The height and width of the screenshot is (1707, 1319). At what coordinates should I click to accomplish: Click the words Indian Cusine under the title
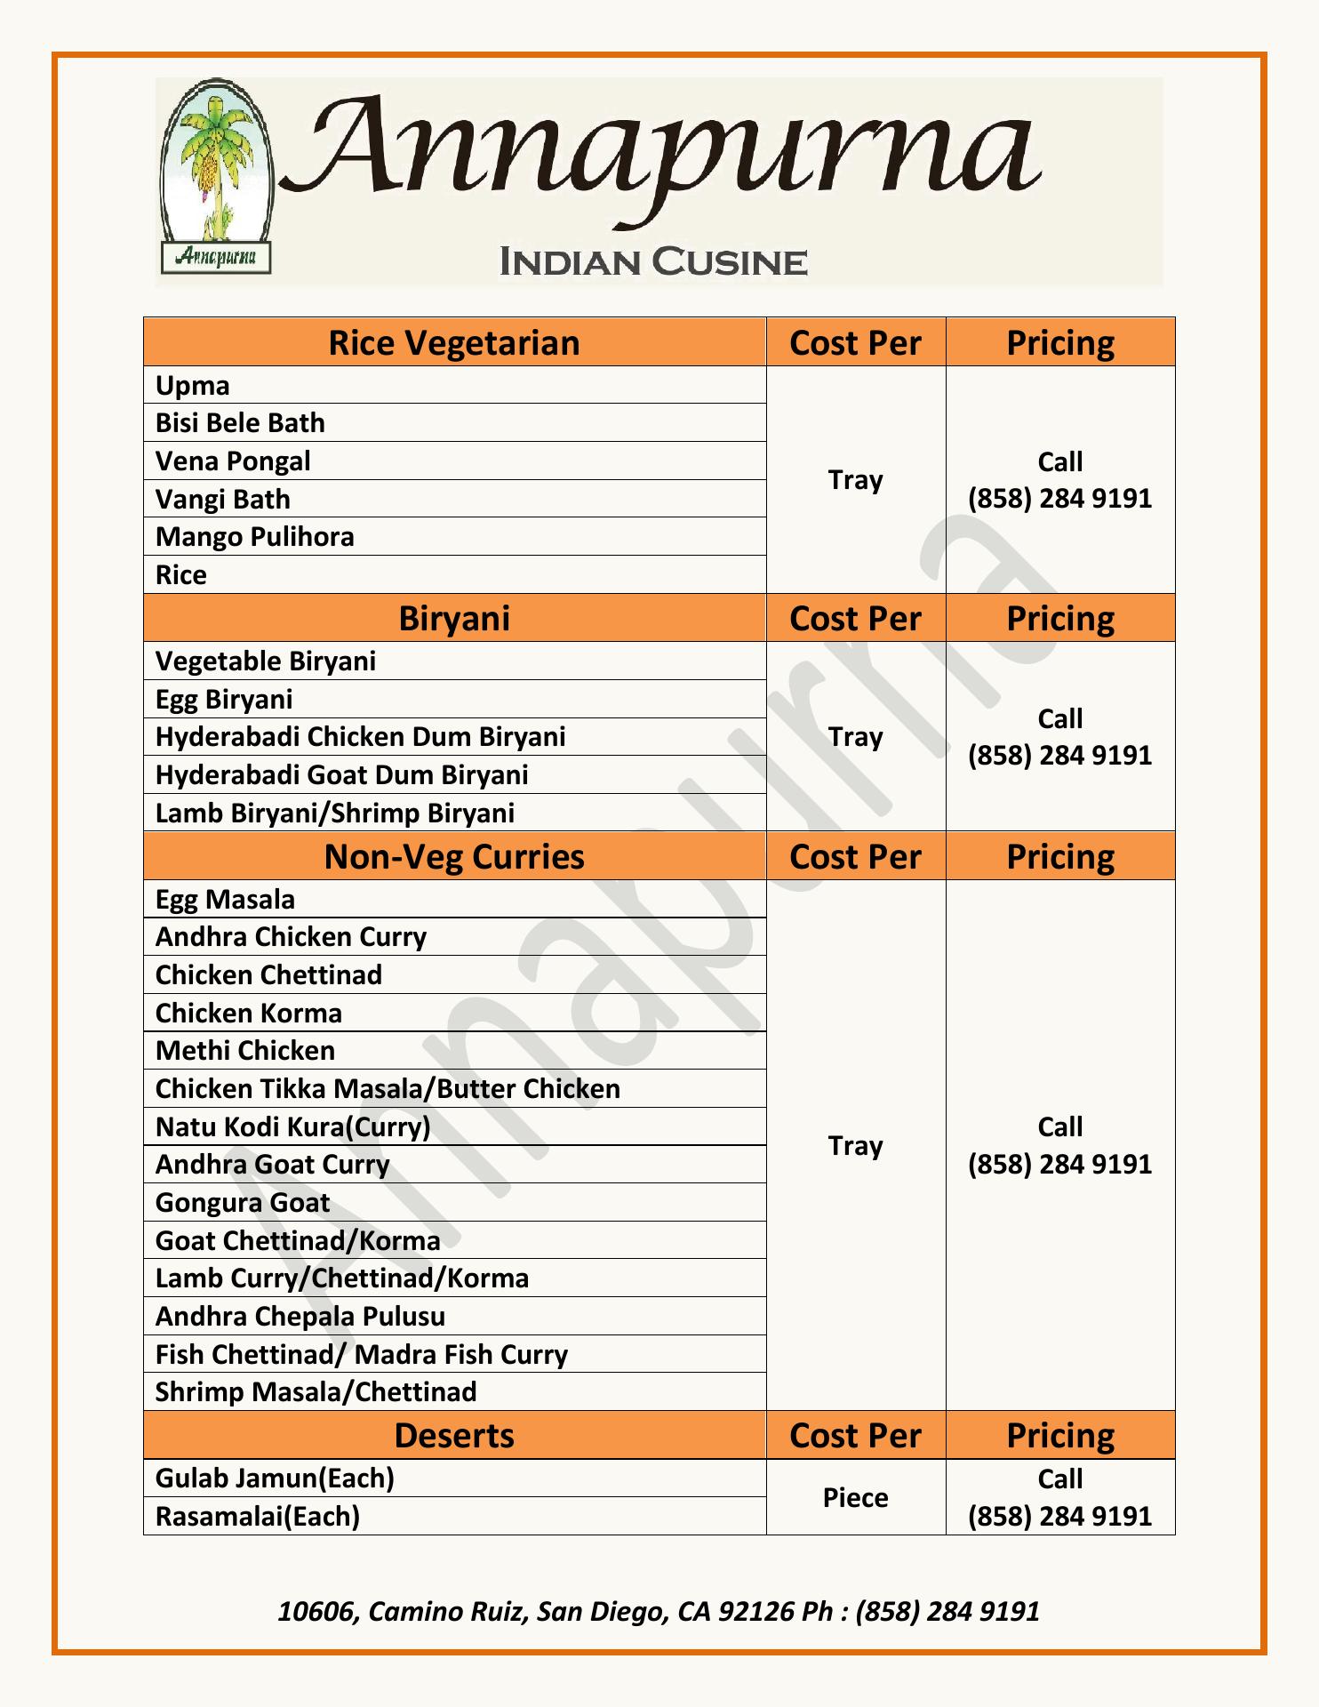click(653, 262)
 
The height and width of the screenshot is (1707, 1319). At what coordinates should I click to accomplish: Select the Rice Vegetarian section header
click(453, 342)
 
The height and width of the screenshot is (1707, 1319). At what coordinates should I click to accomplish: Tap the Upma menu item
click(193, 385)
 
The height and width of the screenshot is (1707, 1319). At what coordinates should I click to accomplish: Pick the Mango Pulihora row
click(254, 537)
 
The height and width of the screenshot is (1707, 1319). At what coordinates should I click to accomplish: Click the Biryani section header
click(453, 618)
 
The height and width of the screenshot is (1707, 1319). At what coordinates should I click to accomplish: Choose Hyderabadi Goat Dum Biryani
click(341, 775)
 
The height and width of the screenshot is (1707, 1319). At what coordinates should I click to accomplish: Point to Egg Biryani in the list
click(224, 700)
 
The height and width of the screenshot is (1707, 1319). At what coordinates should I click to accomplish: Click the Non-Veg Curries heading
click(453, 856)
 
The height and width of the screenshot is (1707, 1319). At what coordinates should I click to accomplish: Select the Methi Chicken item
click(245, 1051)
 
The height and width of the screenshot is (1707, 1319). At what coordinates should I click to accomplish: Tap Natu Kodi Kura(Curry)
click(292, 1127)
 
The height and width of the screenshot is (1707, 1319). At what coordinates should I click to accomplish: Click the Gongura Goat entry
click(243, 1203)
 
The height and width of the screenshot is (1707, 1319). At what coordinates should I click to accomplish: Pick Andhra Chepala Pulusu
click(300, 1317)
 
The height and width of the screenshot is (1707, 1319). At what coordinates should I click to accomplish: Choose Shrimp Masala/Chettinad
click(316, 1392)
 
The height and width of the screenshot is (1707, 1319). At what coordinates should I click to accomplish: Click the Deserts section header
click(453, 1436)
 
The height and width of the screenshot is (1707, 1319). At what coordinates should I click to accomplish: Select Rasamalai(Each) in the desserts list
click(258, 1516)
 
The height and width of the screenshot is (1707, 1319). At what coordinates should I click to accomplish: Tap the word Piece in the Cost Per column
click(855, 1498)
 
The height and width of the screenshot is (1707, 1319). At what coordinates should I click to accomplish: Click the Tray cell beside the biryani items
click(855, 737)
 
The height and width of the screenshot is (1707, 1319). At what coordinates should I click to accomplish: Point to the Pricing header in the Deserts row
click(1059, 1436)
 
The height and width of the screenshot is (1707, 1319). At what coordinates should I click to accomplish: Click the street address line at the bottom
click(658, 1611)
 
